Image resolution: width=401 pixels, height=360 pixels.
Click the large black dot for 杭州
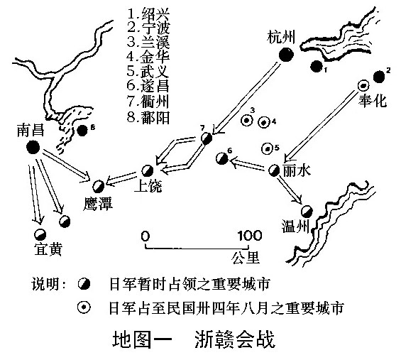click(286, 55)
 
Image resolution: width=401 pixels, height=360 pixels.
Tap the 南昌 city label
click(31, 130)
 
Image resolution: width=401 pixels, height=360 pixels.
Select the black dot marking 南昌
click(33, 147)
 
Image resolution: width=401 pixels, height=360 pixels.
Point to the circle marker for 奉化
click(363, 85)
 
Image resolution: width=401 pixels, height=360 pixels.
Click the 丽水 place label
click(297, 170)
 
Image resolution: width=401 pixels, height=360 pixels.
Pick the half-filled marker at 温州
click(307, 212)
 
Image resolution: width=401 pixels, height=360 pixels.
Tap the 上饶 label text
click(148, 186)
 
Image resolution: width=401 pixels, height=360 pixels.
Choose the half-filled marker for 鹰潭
click(98, 186)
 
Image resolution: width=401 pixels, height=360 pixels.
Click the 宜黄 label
click(48, 249)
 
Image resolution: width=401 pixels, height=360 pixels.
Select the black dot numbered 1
click(317, 67)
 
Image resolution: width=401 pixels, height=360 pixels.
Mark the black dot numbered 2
click(379, 77)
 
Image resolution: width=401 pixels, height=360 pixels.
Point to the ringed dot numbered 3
click(247, 120)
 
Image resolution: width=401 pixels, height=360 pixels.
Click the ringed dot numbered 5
click(268, 148)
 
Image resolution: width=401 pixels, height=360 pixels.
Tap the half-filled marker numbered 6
click(221, 158)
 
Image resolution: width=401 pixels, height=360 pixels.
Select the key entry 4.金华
click(148, 57)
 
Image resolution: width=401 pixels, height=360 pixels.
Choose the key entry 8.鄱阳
click(148, 118)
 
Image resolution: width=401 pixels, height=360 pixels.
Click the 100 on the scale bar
click(250, 236)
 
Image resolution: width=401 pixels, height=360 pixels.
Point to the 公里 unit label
click(246, 258)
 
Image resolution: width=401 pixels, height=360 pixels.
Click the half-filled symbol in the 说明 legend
click(84, 284)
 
